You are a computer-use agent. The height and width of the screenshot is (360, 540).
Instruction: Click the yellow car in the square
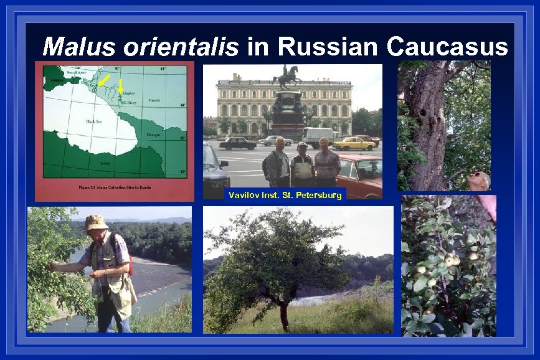tap(353, 143)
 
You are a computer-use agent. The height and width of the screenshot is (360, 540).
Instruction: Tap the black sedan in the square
tap(237, 143)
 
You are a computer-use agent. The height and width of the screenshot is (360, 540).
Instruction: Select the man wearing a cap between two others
tap(302, 164)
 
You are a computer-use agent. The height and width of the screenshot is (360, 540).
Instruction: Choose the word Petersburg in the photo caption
tap(321, 196)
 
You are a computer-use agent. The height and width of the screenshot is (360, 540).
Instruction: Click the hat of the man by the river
tap(97, 222)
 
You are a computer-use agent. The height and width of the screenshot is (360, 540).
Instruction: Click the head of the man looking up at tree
tap(479, 181)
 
